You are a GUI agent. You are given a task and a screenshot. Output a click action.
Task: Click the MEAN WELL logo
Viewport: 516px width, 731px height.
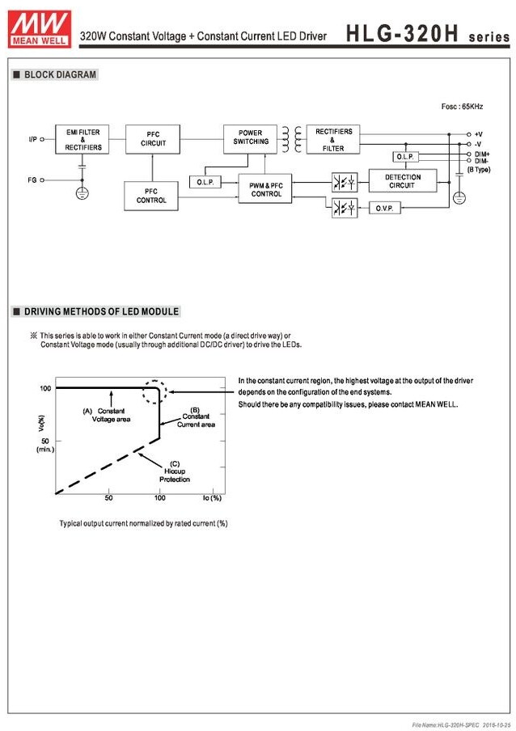(x=38, y=26)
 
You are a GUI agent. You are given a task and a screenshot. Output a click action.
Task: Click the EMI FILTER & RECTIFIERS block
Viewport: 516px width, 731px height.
(x=83, y=140)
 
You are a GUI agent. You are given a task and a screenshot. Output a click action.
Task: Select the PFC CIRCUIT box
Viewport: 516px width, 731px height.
(x=153, y=139)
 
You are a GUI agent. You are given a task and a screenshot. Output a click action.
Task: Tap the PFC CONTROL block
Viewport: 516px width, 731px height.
(x=150, y=196)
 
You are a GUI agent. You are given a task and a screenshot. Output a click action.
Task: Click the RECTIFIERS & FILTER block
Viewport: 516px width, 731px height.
(x=333, y=139)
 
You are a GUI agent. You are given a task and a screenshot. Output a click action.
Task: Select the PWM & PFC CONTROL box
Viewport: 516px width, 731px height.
(x=265, y=189)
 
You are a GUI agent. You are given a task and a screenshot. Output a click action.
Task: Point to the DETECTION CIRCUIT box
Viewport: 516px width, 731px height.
(x=402, y=182)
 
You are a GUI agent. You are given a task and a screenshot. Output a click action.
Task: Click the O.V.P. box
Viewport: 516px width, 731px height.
(x=383, y=209)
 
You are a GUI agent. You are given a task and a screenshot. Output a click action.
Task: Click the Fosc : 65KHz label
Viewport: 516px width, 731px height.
(x=462, y=107)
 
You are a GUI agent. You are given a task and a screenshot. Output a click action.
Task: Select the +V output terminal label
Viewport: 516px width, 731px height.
(x=479, y=133)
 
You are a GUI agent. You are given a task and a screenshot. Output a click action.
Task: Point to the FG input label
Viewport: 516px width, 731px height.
(x=32, y=180)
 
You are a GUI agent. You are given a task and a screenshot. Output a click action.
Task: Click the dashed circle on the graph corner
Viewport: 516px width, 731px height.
(x=154, y=391)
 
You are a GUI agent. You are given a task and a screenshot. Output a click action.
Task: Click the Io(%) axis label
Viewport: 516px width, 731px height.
(x=212, y=497)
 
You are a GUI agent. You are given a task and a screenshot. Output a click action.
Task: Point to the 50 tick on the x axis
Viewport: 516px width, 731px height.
(x=108, y=498)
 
